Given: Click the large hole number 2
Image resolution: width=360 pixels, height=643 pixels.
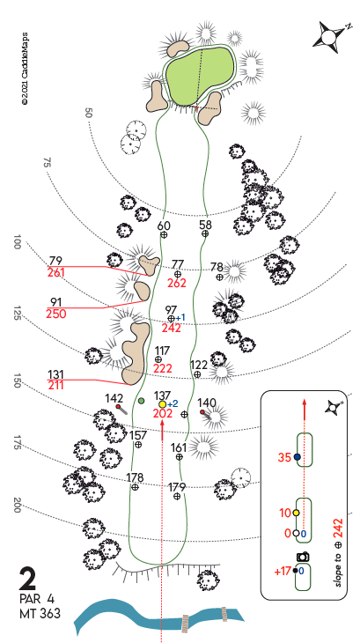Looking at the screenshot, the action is tap(27, 579).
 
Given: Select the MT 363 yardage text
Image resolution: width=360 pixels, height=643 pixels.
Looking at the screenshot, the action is tap(40, 614).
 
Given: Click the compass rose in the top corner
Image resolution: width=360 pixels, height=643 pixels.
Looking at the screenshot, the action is tap(332, 36).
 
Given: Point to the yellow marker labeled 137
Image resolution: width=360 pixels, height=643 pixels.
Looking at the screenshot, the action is tap(163, 404).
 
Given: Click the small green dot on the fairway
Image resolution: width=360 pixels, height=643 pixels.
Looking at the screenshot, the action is tap(142, 401).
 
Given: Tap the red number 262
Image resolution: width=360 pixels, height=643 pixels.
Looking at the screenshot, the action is tap(177, 283).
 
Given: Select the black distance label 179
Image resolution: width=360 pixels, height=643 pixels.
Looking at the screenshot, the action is tap(177, 487).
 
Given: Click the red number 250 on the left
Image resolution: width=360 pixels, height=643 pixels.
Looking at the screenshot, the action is tap(56, 314).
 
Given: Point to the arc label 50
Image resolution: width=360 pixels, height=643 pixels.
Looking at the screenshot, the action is tap(88, 113).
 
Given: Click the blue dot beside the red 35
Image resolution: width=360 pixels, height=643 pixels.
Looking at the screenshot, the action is tap(298, 457).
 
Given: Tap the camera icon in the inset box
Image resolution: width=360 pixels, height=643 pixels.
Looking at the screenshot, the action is tap(303, 557).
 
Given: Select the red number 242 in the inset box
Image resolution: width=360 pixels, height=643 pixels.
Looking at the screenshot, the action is tap(338, 529).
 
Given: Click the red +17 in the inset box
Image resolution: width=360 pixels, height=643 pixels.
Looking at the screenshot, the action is tap(283, 571).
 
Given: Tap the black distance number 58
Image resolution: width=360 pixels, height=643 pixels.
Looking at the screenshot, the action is tap(206, 224).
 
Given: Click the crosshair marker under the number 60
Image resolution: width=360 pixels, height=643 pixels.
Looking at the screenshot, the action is tap(164, 234).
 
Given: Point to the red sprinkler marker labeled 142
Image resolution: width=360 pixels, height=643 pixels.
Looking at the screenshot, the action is tap(118, 406).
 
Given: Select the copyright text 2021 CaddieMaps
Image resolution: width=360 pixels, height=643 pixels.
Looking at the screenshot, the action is tap(25, 69).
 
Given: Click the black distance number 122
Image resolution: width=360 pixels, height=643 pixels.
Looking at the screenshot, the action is tap(199, 365).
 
